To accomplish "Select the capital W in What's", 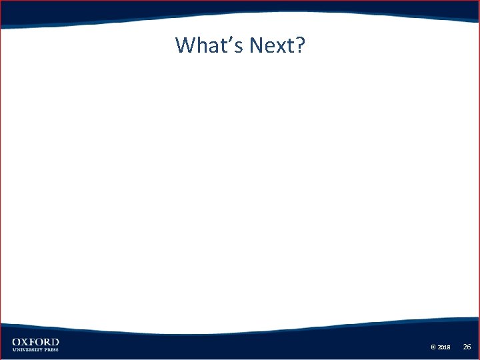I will pos(186,45).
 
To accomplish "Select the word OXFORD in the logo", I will pos(35,342).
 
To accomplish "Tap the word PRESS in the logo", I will pos(51,349).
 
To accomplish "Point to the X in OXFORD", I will pos(25,342).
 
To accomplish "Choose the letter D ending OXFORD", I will pos(55,342).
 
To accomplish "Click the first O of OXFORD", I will pos(16,342).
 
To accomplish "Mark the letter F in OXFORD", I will pos(32,342).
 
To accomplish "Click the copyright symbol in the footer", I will pos(433,347).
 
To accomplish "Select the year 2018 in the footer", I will pos(445,347).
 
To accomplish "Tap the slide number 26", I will pos(467,347).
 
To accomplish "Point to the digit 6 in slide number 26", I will pos(469,347).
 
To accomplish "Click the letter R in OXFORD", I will pos(47,342).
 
